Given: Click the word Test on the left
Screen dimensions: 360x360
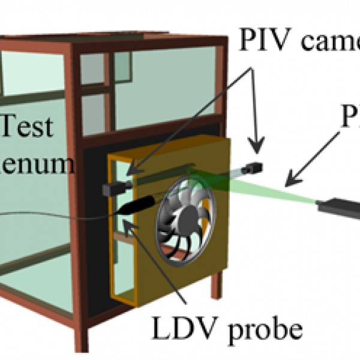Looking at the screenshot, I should (x=28, y=128).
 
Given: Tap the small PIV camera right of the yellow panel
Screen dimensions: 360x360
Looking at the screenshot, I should (x=255, y=167).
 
